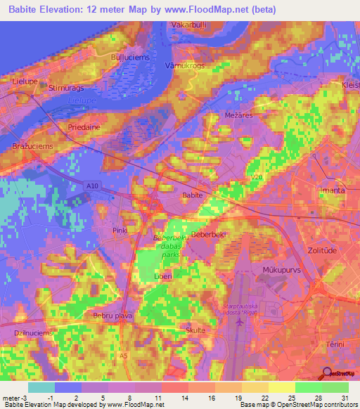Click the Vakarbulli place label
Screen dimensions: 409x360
[x=188, y=25]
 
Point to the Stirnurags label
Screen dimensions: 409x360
[x=67, y=88]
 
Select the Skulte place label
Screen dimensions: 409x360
[x=196, y=330]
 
